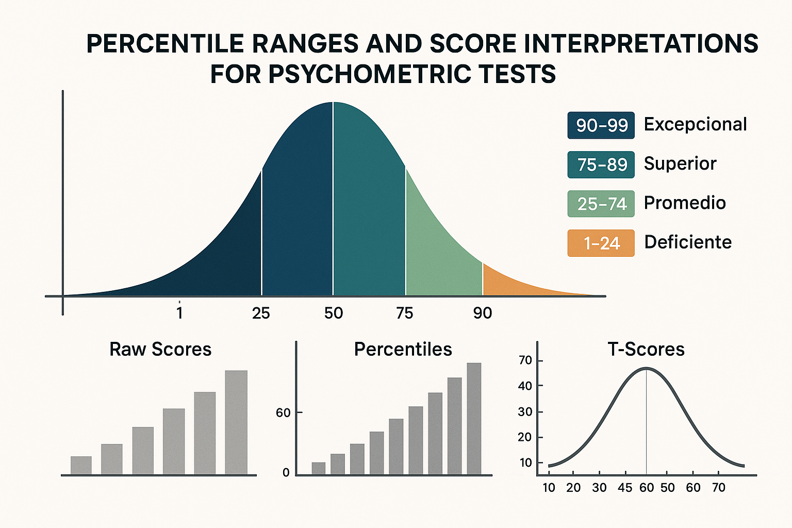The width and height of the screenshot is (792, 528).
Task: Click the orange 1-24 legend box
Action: (601, 243)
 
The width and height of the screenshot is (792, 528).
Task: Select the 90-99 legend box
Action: (601, 125)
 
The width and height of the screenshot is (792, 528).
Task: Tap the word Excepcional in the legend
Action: (695, 124)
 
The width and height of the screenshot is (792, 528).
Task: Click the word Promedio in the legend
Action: (684, 203)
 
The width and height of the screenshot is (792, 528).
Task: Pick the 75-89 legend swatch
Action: (601, 164)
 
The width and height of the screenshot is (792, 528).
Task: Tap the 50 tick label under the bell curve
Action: (334, 313)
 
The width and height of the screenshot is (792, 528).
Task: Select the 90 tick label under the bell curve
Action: (483, 313)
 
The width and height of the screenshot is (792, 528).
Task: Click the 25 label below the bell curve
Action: (261, 313)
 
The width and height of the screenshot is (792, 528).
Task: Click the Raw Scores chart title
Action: (160, 349)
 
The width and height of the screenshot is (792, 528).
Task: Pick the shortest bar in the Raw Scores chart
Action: (81, 465)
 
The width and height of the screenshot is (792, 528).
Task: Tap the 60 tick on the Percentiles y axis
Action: (283, 413)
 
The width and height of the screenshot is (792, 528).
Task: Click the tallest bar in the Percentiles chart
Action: (474, 418)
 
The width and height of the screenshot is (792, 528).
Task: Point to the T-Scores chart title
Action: (646, 349)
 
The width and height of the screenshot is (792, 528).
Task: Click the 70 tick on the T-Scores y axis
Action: (525, 360)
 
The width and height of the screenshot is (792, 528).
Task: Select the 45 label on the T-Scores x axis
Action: (625, 487)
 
